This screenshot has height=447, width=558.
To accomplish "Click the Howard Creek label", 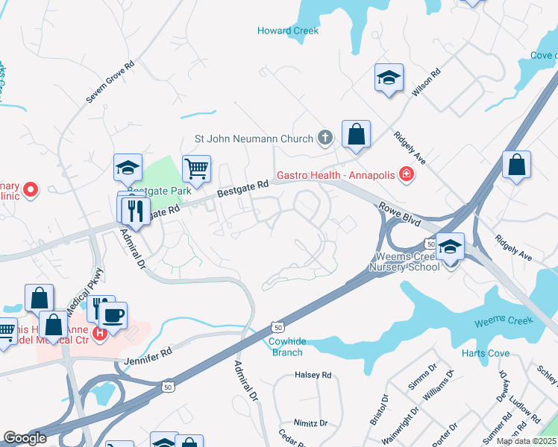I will [288, 31].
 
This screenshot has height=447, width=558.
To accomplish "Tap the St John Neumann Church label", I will [254, 138].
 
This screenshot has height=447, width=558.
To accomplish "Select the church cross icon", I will [325, 138].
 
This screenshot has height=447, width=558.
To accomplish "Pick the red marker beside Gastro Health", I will [407, 175].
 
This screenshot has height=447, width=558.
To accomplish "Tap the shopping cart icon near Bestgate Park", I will [196, 169].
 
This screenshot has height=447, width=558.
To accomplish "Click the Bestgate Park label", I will [165, 191].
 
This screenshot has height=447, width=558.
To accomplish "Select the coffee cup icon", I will [113, 316].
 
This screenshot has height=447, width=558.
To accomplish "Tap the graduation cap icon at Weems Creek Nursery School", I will [450, 246].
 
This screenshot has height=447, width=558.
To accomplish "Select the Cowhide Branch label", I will [286, 347].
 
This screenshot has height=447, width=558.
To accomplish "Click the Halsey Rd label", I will [313, 375].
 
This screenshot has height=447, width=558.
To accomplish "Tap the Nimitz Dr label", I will [310, 422].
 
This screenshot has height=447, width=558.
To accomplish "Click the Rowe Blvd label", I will [399, 215].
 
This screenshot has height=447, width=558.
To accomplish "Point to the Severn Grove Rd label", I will [110, 81].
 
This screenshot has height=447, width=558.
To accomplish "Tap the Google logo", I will [25, 438].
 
